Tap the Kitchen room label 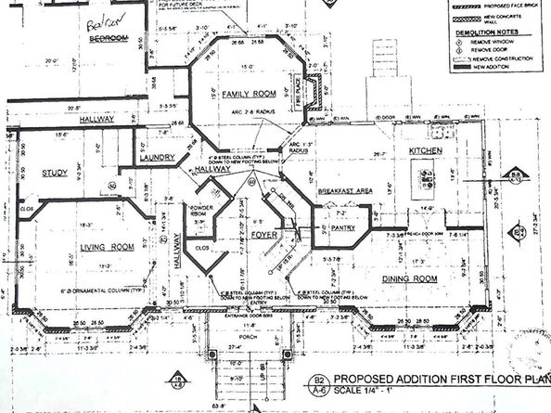click(x=426, y=150)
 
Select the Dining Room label click(x=410, y=277)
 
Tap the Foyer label click(x=265, y=235)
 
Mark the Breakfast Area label click(x=345, y=190)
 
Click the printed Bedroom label click(x=109, y=40)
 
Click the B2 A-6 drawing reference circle click(x=318, y=385)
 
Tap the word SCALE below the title click(x=347, y=393)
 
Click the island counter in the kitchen click(x=426, y=174)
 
